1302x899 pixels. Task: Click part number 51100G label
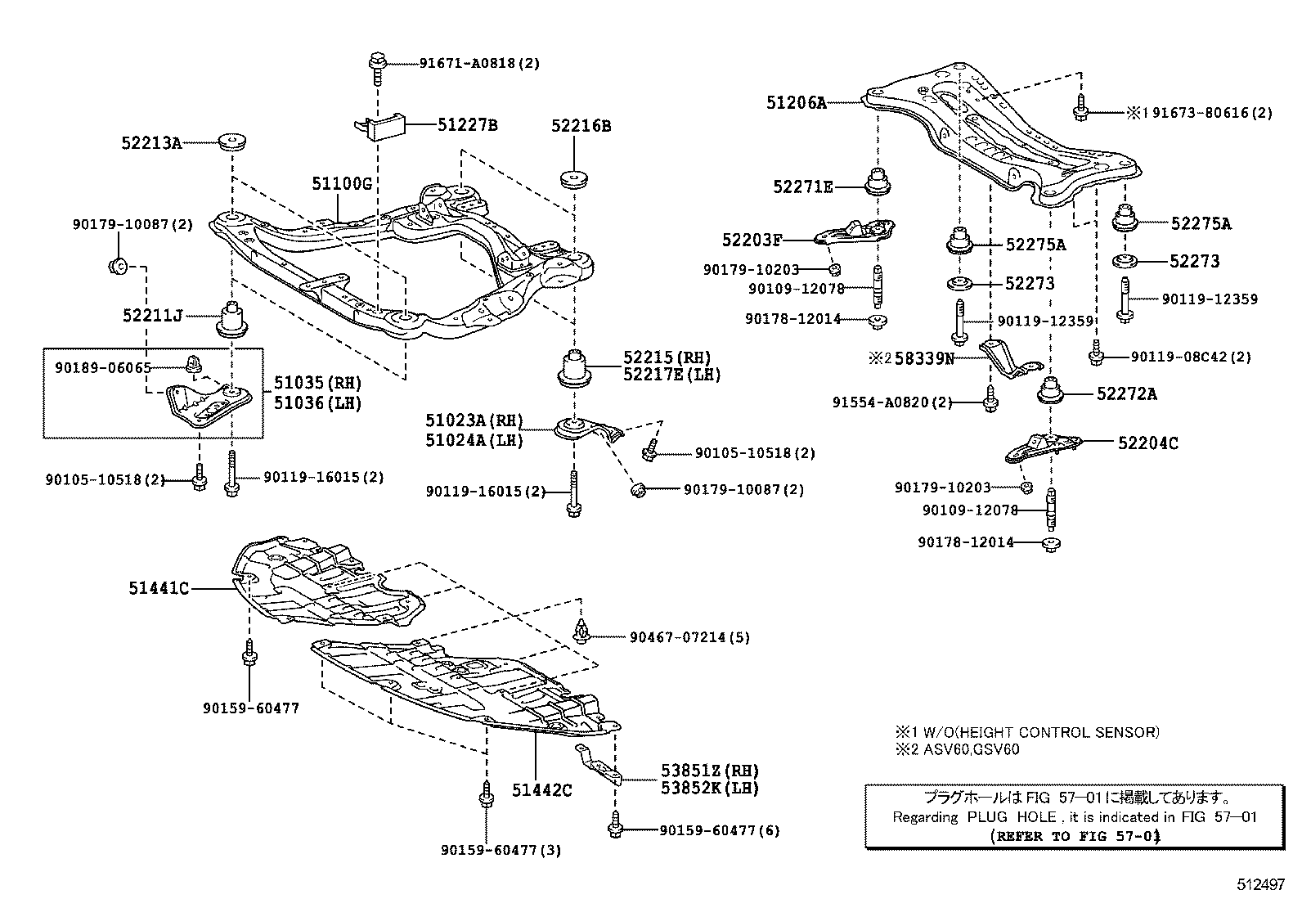click(341, 184)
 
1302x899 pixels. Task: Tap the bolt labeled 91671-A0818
click(377, 65)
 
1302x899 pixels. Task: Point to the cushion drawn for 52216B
click(576, 178)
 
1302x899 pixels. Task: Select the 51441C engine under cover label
click(158, 587)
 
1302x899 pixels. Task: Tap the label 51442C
click(542, 789)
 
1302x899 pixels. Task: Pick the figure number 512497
click(1260, 884)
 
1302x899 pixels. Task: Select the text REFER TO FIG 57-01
click(1075, 836)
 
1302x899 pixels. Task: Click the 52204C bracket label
click(1148, 443)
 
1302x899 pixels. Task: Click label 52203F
click(752, 240)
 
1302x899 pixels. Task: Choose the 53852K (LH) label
click(710, 788)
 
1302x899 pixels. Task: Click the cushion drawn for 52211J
click(231, 321)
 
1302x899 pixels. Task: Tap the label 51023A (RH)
click(474, 420)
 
